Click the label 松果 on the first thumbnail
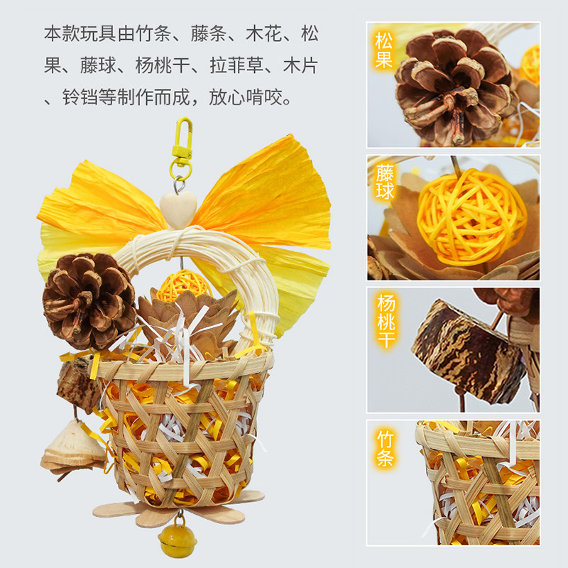coord(383,51)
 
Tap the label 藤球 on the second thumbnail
coord(383,183)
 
